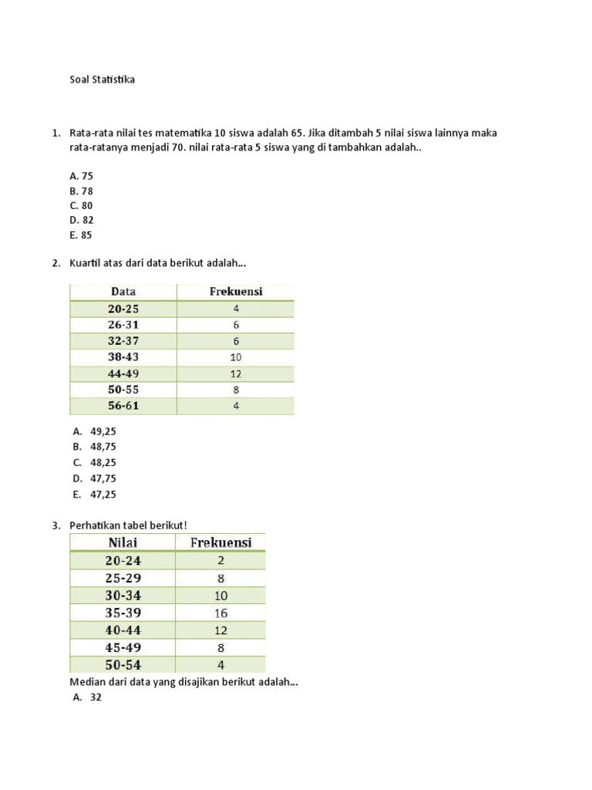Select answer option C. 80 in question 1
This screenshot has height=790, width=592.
point(81,205)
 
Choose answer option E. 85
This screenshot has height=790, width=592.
point(80,235)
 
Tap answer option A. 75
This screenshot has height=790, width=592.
point(81,176)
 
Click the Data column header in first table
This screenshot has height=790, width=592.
point(123,292)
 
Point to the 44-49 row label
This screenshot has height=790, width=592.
point(123,373)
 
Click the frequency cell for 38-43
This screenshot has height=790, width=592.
point(236,357)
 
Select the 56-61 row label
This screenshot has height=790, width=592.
point(123,406)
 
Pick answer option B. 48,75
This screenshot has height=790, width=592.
point(97,446)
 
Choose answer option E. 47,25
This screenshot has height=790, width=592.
point(97,495)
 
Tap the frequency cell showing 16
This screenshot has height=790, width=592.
point(220,613)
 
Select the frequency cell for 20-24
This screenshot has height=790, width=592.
point(220,561)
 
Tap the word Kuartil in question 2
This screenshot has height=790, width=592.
point(86,264)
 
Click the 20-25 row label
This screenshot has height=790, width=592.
point(123,309)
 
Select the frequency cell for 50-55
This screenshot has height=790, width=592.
point(236,390)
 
